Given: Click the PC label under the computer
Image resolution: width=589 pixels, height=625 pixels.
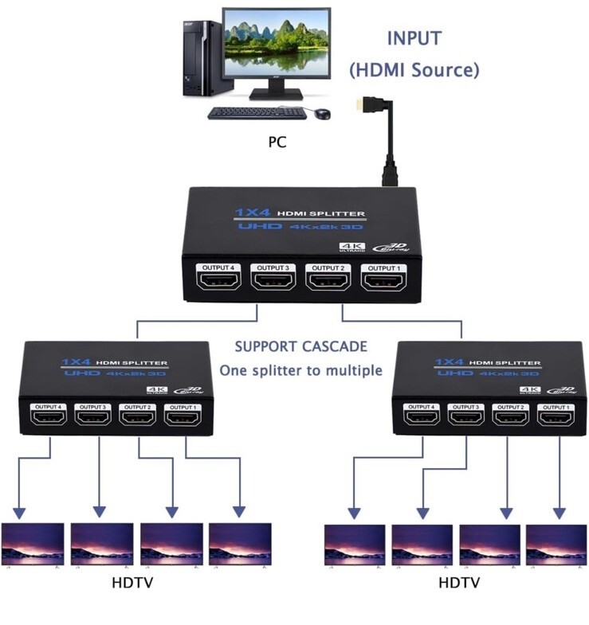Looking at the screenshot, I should click(x=277, y=143).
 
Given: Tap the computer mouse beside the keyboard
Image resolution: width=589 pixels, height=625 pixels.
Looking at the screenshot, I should click(x=322, y=114).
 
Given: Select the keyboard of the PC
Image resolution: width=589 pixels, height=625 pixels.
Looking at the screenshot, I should click(x=257, y=114).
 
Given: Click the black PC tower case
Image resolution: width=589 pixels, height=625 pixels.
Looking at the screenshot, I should click(x=197, y=59).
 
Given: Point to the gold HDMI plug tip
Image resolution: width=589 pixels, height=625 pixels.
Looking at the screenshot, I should click(x=363, y=103).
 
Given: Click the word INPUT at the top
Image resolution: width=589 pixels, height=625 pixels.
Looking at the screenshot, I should click(x=414, y=38).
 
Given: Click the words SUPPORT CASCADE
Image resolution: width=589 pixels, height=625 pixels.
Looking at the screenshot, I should click(x=300, y=347).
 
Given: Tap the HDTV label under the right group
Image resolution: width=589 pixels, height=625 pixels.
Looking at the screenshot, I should click(x=458, y=584).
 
